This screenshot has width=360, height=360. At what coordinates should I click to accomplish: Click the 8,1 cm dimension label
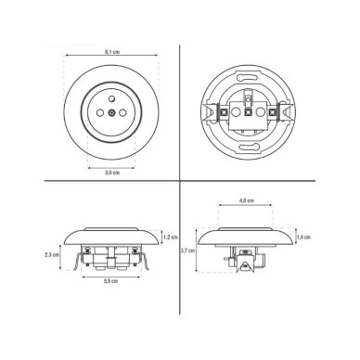coord(112,52)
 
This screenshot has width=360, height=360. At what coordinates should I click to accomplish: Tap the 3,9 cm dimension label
coord(112,173)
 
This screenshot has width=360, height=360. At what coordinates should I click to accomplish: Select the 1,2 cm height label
coord(171,238)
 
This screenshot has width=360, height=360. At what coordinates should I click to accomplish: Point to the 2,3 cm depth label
coord(52,255)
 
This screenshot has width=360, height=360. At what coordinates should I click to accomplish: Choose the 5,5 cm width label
coord(110,281)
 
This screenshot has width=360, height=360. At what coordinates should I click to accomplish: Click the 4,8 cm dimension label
coord(247,200)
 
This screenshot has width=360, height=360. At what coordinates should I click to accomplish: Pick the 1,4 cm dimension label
coord(303,238)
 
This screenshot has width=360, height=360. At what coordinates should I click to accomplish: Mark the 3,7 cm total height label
coord(187,251)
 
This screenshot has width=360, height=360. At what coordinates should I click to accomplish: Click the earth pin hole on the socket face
coord(111,99)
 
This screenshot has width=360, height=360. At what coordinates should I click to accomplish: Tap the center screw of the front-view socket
coord(111,113)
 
